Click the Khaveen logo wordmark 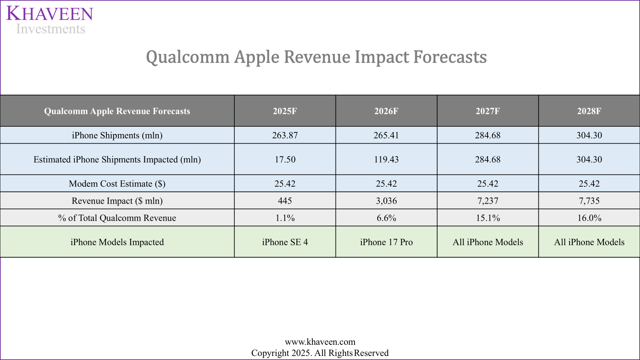(50, 14)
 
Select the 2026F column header (386, 111)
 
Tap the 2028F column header (589, 111)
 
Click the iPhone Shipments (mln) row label (117, 135)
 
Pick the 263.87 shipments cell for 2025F (285, 135)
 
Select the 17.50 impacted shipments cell (285, 159)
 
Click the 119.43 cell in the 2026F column (386, 159)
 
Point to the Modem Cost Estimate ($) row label (117, 184)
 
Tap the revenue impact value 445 (285, 201)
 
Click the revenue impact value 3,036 (386, 201)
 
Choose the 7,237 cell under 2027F (488, 201)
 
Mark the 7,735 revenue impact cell (589, 201)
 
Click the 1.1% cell (285, 218)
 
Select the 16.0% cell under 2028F (589, 218)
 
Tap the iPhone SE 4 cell (285, 242)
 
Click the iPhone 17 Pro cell (386, 242)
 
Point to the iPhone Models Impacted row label (117, 242)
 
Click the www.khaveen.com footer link (320, 342)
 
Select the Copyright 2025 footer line (320, 353)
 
